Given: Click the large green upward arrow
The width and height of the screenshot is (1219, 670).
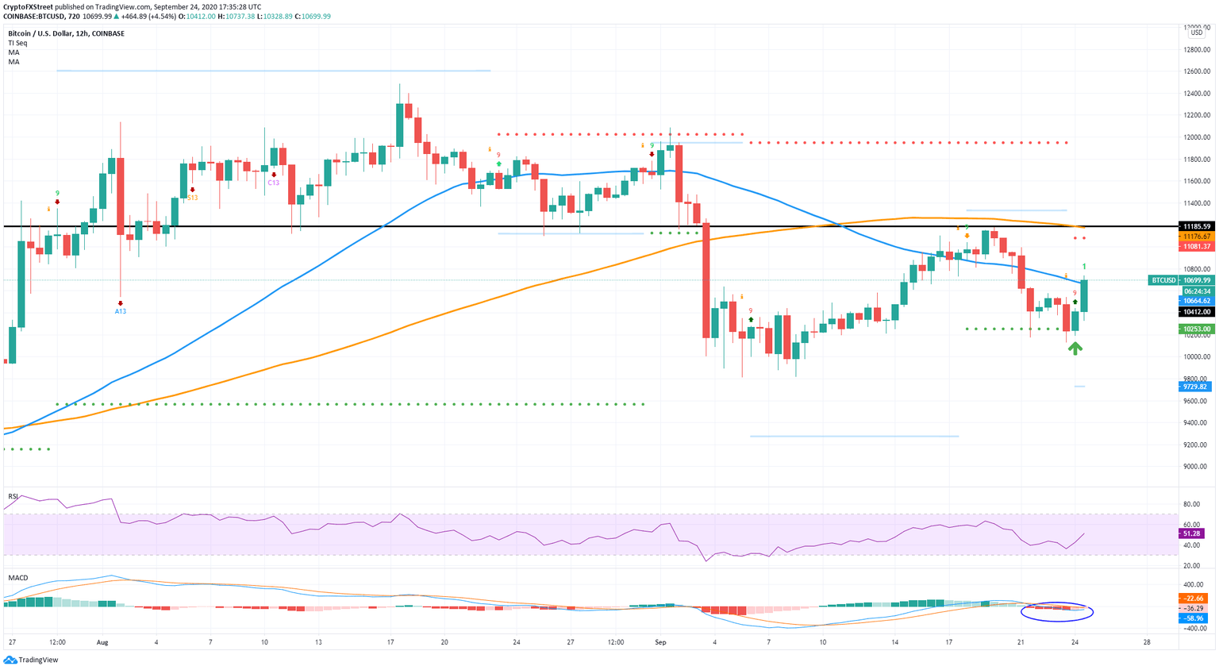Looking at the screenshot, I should click(x=1075, y=348).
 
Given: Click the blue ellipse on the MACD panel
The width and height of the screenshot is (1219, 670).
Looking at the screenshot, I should click(x=1057, y=611).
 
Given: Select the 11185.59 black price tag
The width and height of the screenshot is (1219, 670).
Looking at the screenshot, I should click(x=1196, y=226).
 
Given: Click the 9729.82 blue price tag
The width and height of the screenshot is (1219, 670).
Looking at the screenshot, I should click(x=1194, y=387).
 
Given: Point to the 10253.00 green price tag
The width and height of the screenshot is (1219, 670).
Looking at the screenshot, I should click(x=1196, y=329).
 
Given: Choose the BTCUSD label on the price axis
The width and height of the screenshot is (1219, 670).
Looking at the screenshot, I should click(x=1163, y=280).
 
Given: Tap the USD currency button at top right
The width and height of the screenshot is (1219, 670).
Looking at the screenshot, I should click(x=1197, y=33).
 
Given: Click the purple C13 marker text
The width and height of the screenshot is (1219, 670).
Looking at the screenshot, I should click(x=273, y=183).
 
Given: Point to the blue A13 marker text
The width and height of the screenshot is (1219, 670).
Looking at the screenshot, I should click(x=120, y=311).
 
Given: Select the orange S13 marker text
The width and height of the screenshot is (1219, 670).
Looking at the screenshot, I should click(x=193, y=197).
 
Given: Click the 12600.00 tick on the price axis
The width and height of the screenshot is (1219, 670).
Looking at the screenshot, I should click(x=1195, y=71).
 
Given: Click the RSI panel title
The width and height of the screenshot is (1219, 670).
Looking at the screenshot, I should click(x=13, y=496).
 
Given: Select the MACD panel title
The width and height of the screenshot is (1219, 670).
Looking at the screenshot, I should click(x=17, y=577).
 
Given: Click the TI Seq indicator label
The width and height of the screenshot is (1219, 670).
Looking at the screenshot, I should click(x=17, y=43).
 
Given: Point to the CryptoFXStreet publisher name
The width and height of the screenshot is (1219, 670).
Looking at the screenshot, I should click(x=29, y=6).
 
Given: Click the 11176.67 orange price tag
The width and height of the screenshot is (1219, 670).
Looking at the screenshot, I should click(x=1196, y=237).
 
